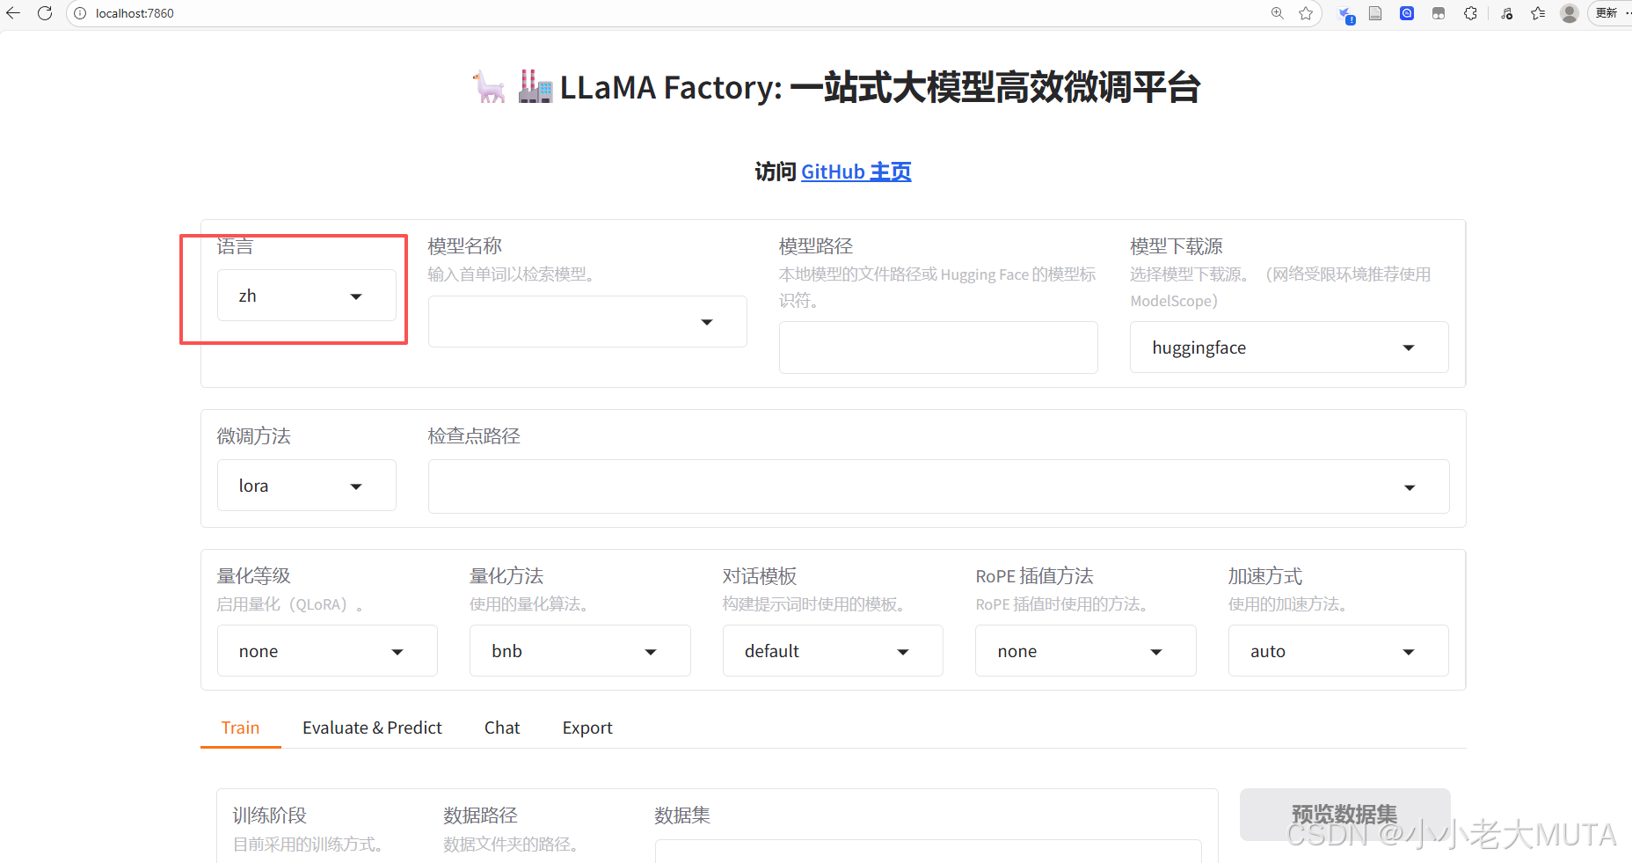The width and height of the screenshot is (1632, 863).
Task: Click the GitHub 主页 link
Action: [856, 172]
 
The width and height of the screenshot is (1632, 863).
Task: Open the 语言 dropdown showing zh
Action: [306, 296]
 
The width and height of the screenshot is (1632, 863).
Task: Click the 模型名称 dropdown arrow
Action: [706, 322]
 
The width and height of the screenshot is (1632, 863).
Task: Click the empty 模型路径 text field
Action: [937, 347]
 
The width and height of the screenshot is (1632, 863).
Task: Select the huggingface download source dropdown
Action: [1288, 347]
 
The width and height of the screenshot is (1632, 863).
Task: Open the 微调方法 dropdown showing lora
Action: [306, 486]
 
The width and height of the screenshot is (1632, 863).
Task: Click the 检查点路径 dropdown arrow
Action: [1409, 487]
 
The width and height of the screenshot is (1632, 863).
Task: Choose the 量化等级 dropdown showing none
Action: [326, 651]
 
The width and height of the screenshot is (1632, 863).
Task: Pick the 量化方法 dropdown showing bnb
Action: [579, 651]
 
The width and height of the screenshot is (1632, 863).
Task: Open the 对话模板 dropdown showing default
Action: [832, 651]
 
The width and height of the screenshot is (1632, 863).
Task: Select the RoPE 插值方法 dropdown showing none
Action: [1085, 651]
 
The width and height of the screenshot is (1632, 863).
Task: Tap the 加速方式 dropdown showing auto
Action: [1337, 651]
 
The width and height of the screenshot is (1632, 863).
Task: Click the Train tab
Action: [240, 728]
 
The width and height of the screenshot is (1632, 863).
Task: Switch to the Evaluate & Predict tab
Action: [372, 728]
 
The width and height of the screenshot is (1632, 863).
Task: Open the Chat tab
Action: [502, 728]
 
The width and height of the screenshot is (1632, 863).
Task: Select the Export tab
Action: [587, 728]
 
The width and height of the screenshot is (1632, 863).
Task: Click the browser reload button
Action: [45, 13]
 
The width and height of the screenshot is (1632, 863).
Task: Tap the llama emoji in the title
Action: [489, 87]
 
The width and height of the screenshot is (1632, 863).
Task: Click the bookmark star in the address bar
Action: [1306, 13]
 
